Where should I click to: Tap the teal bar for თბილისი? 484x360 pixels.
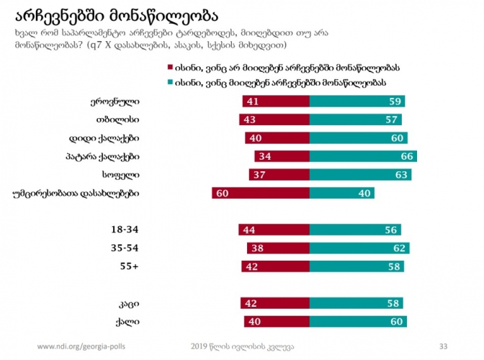tap(355, 120)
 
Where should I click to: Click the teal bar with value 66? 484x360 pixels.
tap(363, 156)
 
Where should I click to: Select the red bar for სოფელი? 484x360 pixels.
tap(279, 174)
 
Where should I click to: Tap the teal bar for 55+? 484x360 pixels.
tap(356, 266)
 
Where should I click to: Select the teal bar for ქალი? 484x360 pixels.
tap(357, 321)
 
